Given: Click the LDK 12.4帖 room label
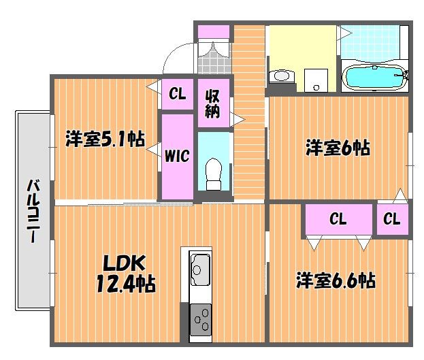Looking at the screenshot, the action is [x=126, y=274].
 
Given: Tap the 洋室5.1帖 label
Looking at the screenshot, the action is [x=105, y=139].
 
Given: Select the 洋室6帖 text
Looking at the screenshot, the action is [x=338, y=148].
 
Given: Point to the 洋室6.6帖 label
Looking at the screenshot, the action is [x=336, y=280].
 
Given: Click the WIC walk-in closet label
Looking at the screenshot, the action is [x=177, y=156].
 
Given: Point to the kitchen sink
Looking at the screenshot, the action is [x=200, y=269].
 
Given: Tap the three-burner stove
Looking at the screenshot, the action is [x=201, y=320].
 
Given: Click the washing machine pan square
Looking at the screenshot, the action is [x=316, y=80].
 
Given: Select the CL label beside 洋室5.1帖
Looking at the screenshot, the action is [x=178, y=94].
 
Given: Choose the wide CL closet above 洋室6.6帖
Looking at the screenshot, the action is [x=338, y=219].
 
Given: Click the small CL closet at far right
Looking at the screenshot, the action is [x=392, y=219].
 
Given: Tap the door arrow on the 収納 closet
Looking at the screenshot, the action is [x=238, y=119].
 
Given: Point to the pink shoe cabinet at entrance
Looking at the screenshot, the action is [x=214, y=32].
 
